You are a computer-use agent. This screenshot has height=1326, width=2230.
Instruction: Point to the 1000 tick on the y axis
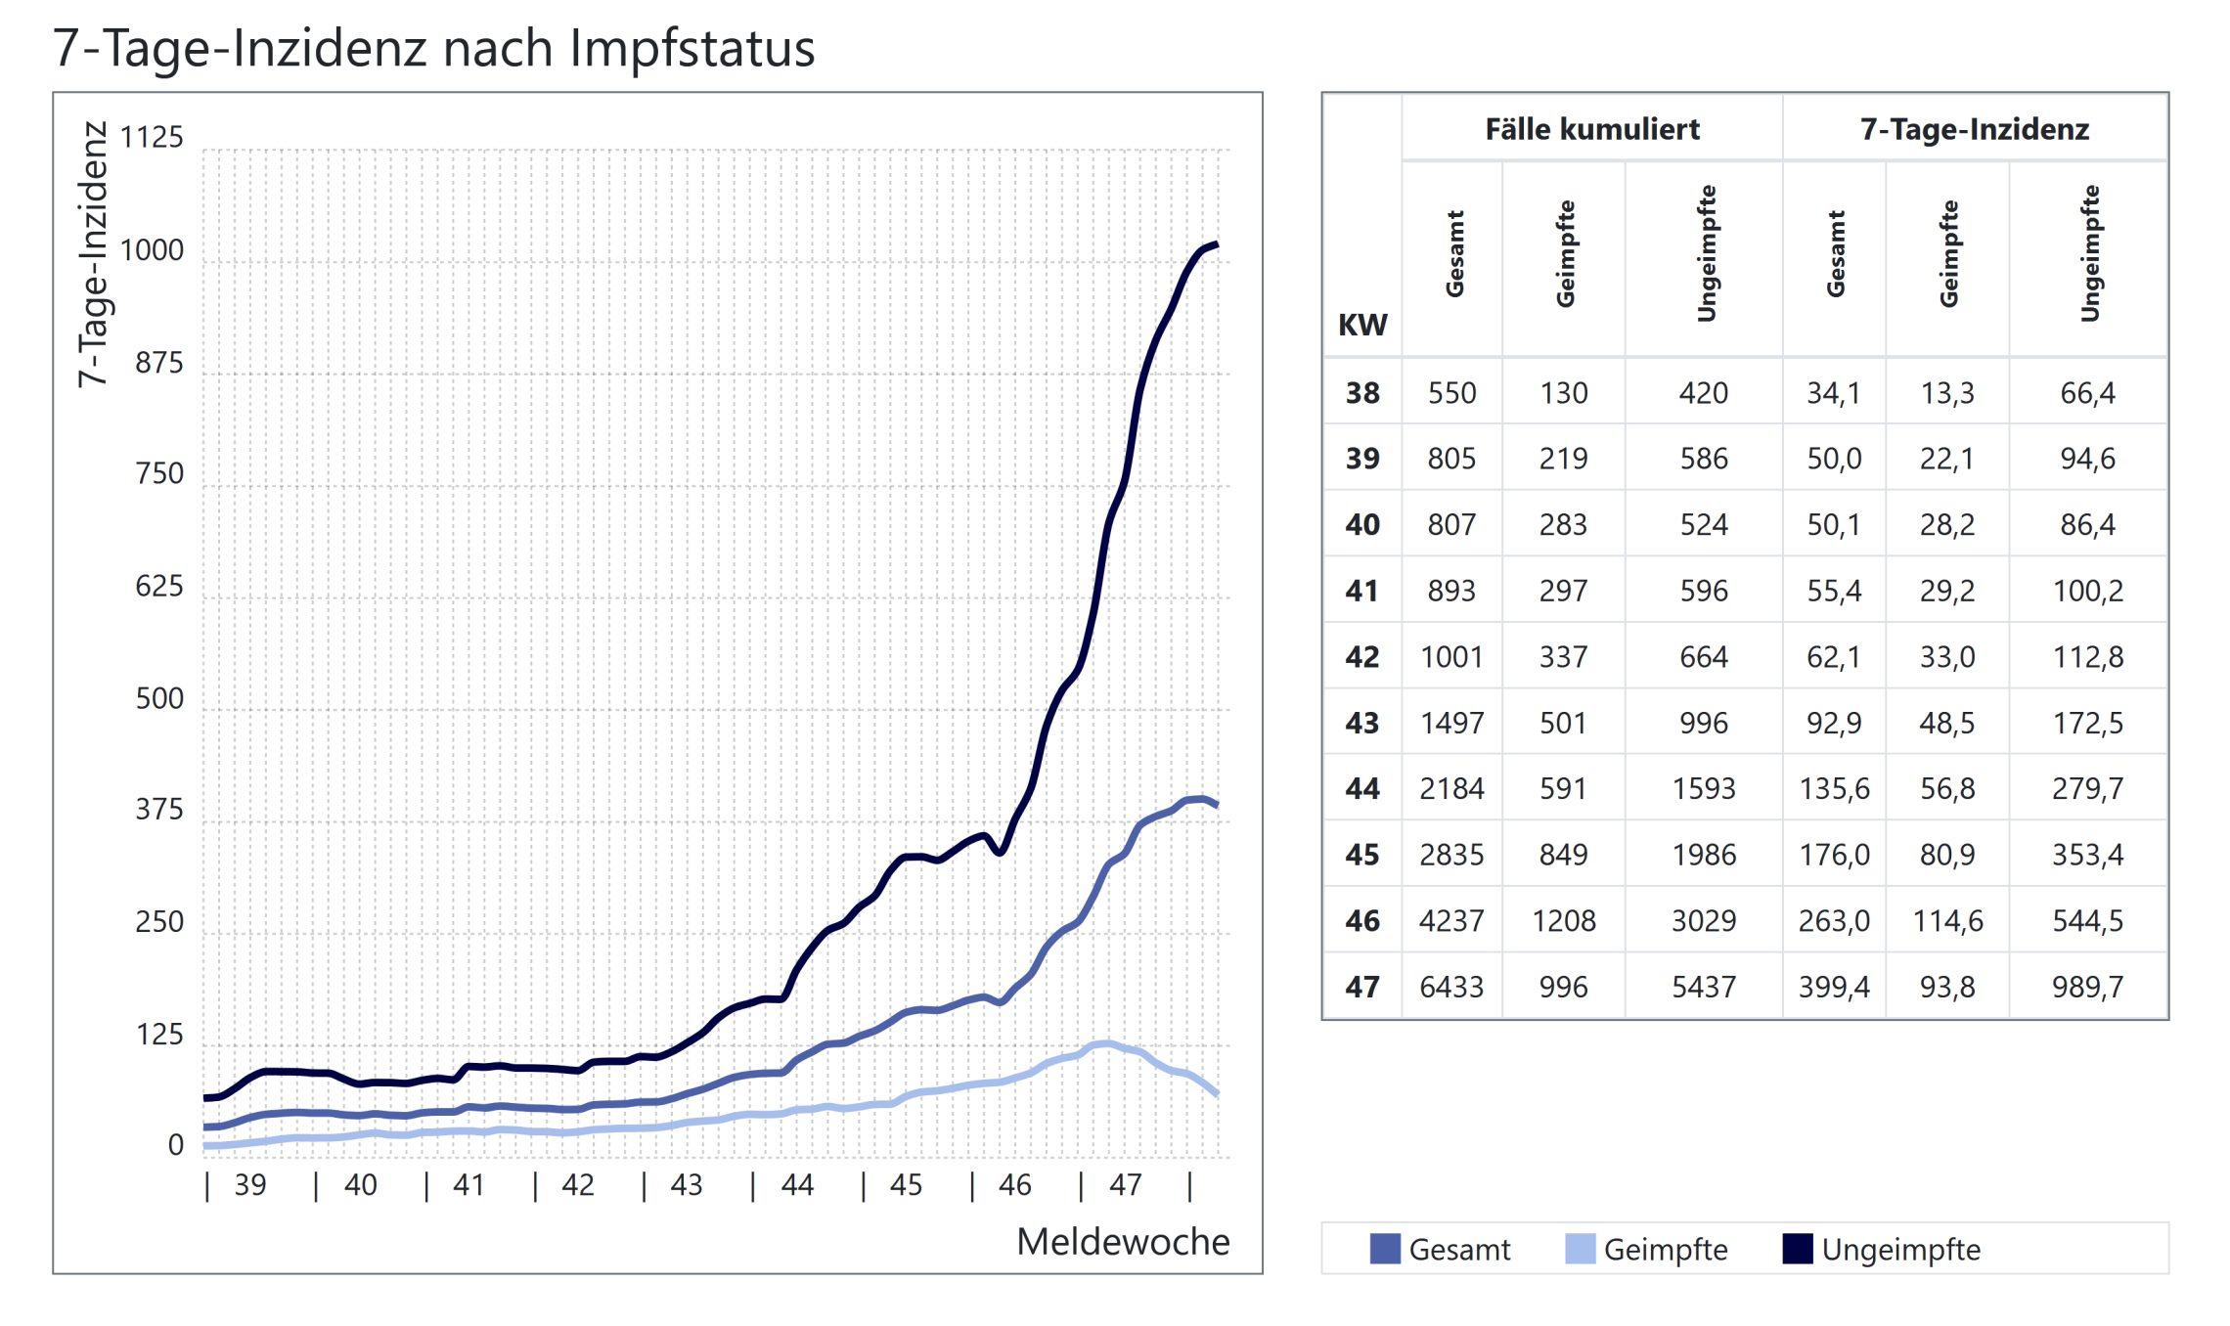pos(152,250)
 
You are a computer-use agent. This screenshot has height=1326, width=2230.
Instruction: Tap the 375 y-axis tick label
pos(159,809)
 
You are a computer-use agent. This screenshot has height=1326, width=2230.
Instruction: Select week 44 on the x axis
pos(797,1185)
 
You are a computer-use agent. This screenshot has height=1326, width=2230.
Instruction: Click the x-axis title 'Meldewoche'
pos(1123,1241)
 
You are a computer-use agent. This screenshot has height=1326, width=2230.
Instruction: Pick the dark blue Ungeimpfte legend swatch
pos(1798,1249)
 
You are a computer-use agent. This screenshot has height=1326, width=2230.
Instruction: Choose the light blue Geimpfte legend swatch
pos(1580,1249)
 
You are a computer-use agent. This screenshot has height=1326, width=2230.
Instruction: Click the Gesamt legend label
pos(1459,1249)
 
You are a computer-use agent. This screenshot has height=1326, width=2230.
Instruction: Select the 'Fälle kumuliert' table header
pos(1592,129)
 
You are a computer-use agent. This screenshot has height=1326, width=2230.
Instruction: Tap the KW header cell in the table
pos(1361,325)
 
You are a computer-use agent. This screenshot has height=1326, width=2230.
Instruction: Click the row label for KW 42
pos(1361,656)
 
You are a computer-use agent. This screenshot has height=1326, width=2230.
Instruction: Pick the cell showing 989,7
pos(2087,987)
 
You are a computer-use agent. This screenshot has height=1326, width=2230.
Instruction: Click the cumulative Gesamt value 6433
pos(1451,987)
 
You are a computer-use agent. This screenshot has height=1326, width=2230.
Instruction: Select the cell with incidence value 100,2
pos(2087,591)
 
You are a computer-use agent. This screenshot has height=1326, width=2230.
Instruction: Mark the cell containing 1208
pos(1563,920)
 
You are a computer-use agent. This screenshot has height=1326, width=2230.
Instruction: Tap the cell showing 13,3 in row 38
pos(1947,393)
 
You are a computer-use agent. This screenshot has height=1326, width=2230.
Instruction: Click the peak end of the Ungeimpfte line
pos(1216,244)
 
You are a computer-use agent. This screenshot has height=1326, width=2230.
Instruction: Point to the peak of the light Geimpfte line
pos(1106,1043)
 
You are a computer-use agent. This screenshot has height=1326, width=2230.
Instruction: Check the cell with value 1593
pos(1703,788)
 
